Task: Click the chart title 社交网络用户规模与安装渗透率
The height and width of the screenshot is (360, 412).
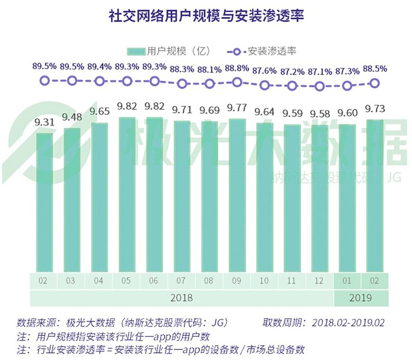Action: [x=206, y=16]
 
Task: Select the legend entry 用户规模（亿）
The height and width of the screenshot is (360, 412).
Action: [x=168, y=51]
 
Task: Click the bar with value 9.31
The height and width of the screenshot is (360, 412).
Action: [x=44, y=202]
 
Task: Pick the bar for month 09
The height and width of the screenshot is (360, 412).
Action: [x=237, y=195]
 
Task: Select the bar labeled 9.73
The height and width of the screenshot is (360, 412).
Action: [x=375, y=195]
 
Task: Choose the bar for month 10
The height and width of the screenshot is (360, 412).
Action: [x=264, y=197]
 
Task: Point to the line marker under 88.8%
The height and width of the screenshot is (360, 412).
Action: [x=237, y=82]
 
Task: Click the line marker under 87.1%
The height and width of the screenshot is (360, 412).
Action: [x=320, y=86]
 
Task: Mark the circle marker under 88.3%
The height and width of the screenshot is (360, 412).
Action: [x=182, y=84]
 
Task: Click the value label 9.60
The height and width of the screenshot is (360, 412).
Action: [x=347, y=114]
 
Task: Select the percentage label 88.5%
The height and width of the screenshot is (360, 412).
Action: [x=375, y=69]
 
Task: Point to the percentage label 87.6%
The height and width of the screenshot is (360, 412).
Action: [x=265, y=69]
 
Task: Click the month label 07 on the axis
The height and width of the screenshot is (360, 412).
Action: [x=182, y=281]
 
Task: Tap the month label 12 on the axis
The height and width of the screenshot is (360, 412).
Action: [x=319, y=281]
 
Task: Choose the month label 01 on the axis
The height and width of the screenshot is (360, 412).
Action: [x=347, y=281]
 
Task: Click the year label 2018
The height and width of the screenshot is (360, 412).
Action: [x=181, y=298]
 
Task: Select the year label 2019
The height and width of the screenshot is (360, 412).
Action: [x=361, y=298]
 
